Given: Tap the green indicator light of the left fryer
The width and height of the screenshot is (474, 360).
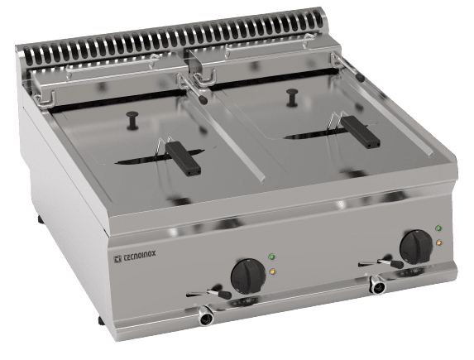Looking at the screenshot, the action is click(272, 257).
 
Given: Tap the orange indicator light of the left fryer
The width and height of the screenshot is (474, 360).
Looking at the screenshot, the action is click(273, 271).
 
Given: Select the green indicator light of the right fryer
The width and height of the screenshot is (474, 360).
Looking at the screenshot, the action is click(438, 228).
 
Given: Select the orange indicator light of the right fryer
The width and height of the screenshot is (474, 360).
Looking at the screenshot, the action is click(438, 242).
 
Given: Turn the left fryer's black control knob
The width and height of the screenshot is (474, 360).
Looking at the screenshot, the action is click(248, 276).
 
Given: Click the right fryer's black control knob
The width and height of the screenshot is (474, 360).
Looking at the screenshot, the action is click(416, 247).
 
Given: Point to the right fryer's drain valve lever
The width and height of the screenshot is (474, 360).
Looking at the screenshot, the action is click(381, 263).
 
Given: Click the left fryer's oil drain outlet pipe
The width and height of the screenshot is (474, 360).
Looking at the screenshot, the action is click(206, 315).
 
